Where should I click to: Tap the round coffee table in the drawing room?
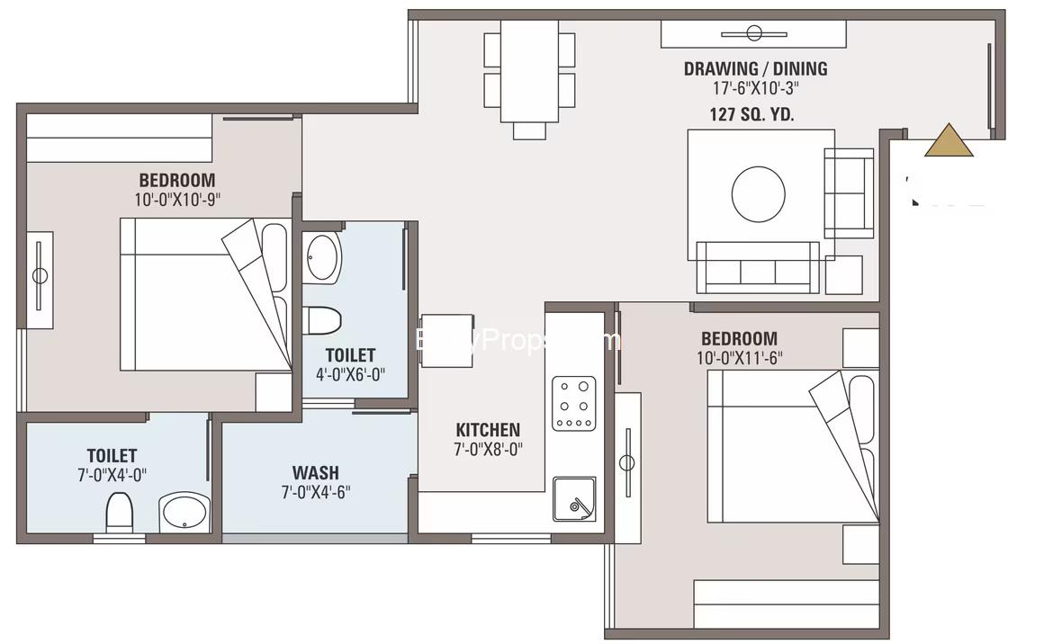(x=758, y=192)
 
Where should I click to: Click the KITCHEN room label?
(x=487, y=430)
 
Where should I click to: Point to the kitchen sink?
(x=575, y=499)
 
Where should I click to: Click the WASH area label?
(x=315, y=472)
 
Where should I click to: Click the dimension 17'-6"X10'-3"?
(x=754, y=89)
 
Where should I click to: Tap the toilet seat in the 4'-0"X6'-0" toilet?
(x=322, y=320)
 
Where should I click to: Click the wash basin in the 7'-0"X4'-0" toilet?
(x=184, y=513)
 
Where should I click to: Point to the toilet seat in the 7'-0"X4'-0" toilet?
(x=120, y=514)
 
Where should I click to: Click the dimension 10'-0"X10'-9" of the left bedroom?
(x=177, y=200)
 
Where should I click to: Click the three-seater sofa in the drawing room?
(x=757, y=268)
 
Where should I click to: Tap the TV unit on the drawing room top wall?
(x=753, y=34)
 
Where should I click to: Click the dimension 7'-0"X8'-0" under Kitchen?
(x=488, y=450)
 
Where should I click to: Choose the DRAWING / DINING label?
(x=755, y=68)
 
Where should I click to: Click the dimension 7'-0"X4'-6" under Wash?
(x=315, y=492)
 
